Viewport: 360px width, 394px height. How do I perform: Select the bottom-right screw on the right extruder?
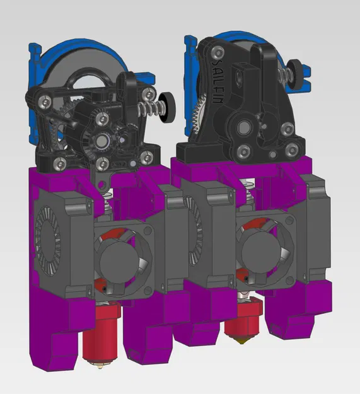(291, 151)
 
